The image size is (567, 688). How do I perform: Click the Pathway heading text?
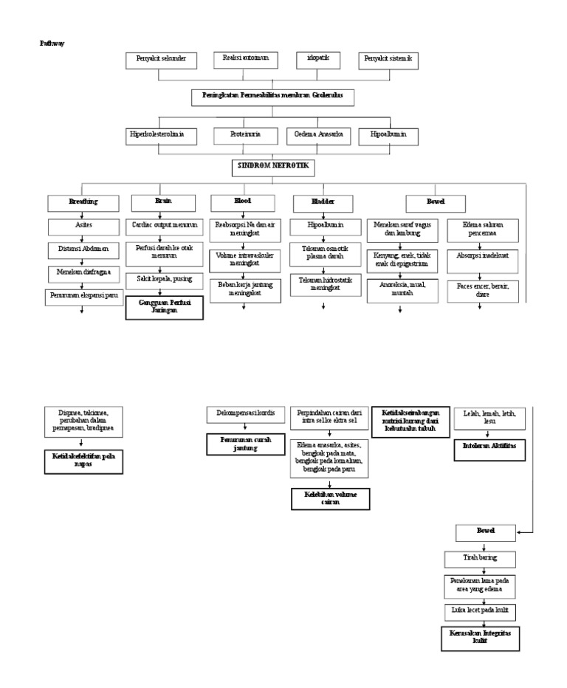[x=52, y=44]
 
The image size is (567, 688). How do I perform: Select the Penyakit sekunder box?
[x=162, y=60]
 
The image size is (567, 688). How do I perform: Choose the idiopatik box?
[x=319, y=59]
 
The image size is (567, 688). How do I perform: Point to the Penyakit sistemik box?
[x=389, y=60]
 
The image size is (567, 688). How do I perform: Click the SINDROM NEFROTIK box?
[x=274, y=168]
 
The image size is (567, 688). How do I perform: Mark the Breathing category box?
[x=83, y=202]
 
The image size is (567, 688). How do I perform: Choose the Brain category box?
[x=163, y=202]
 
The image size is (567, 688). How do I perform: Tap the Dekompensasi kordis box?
[x=246, y=413]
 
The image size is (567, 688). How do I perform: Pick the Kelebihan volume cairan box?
[x=330, y=498]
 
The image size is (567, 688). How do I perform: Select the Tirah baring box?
[x=481, y=558]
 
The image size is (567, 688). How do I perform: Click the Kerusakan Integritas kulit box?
[x=481, y=639]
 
